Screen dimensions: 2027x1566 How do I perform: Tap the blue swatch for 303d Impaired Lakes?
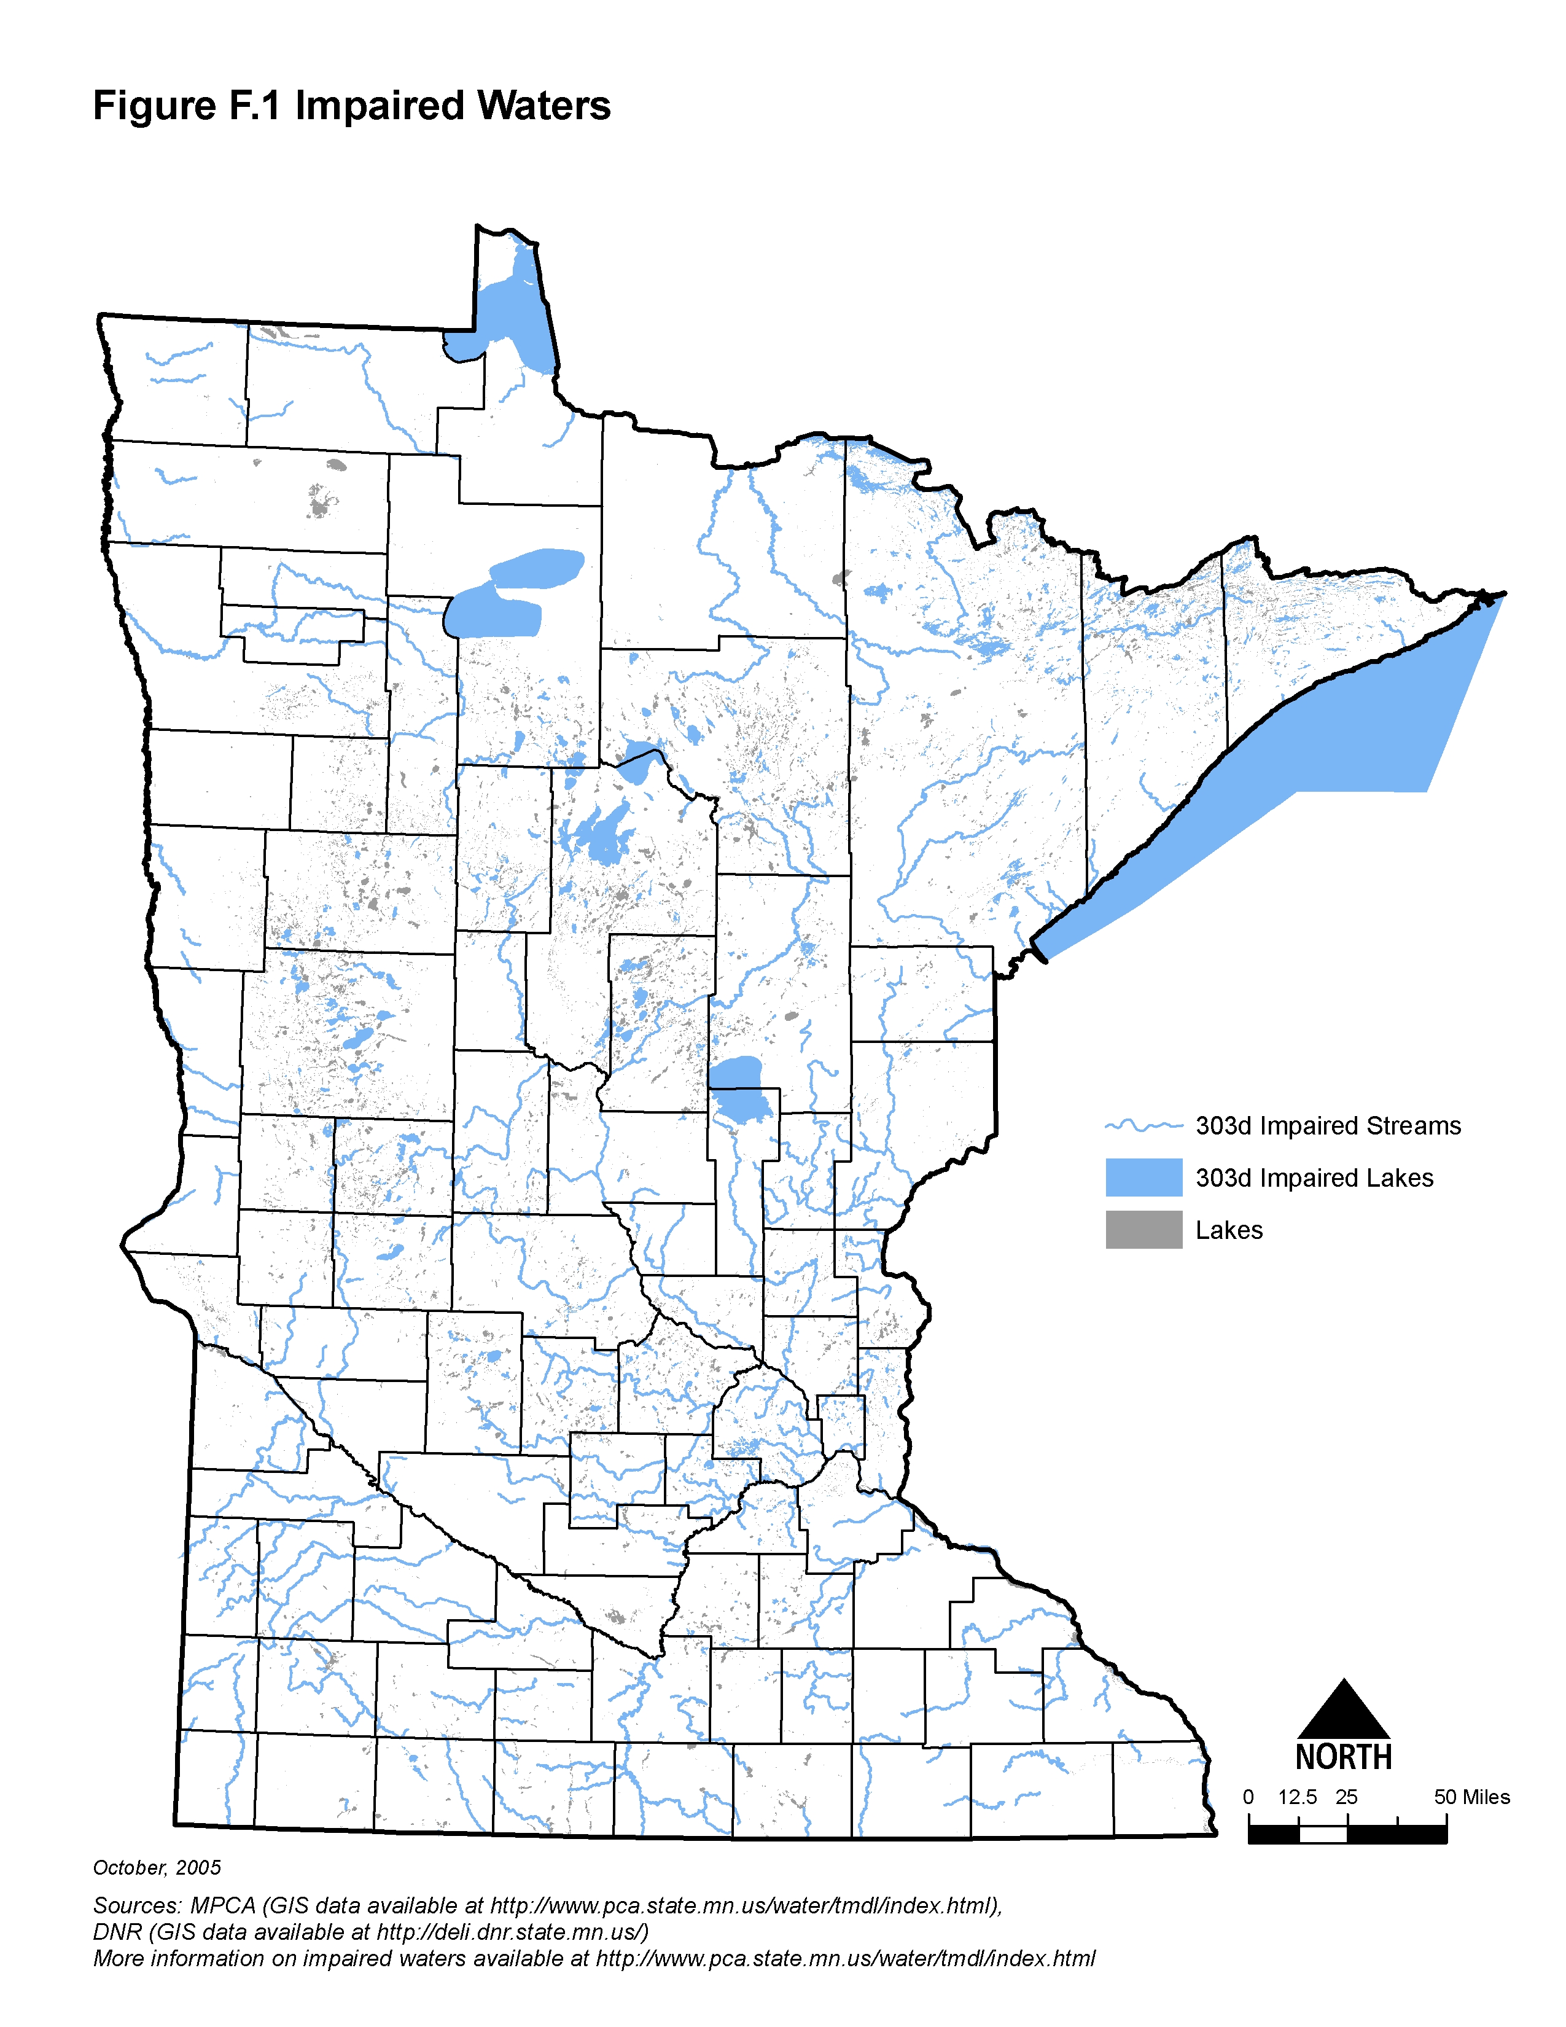point(1143,1177)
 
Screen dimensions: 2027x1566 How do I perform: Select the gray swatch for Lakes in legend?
point(1143,1229)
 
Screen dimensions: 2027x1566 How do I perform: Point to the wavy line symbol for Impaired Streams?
point(1143,1126)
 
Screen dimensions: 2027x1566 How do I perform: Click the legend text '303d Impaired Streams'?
point(1328,1126)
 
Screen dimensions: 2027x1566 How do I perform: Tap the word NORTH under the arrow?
point(1343,1757)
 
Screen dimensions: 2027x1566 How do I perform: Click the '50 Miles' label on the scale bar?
point(1471,1797)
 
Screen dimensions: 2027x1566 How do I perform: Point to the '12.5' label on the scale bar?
point(1297,1797)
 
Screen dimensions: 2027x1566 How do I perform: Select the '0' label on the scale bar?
point(1249,1797)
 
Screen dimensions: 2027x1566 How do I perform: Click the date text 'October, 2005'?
point(157,1867)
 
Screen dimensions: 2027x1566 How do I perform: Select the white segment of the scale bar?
point(1323,1833)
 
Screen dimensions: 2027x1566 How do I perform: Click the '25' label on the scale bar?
point(1346,1797)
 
